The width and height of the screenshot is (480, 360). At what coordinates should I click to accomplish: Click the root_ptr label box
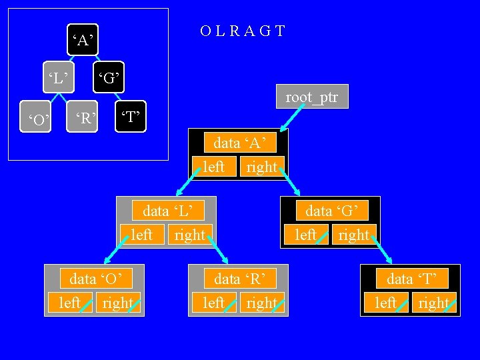[x=312, y=97]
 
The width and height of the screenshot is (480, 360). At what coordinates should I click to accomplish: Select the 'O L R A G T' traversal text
[x=243, y=31]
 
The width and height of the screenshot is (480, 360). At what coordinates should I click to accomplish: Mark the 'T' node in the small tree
[x=130, y=119]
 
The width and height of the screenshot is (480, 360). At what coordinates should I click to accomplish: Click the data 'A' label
[x=244, y=142]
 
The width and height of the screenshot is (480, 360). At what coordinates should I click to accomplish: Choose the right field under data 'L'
[x=190, y=235]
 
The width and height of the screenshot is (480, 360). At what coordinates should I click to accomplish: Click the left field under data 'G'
[x=306, y=235]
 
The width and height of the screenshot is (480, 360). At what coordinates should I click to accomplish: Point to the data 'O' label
[x=100, y=278]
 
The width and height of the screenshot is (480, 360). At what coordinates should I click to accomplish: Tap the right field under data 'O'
[x=119, y=303]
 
